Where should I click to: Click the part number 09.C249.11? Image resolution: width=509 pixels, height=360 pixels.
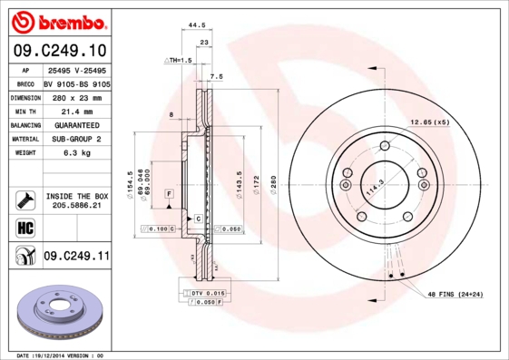(75, 257)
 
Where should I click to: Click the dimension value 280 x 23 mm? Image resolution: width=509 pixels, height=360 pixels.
(76, 96)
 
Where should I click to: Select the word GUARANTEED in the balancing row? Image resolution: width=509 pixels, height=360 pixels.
(76, 124)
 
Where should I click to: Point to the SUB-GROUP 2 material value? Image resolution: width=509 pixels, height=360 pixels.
(76, 139)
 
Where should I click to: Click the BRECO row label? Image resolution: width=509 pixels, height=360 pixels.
(25, 83)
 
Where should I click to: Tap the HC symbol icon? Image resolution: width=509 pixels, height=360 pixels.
(25, 226)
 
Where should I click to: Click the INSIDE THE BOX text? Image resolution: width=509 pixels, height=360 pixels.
(76, 196)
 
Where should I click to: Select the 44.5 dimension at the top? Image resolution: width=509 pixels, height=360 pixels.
(191, 27)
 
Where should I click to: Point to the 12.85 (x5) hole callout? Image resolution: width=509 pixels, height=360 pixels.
(429, 122)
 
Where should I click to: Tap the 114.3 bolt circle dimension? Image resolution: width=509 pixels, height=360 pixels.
(373, 188)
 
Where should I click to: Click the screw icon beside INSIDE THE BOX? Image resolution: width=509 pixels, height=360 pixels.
(25, 198)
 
